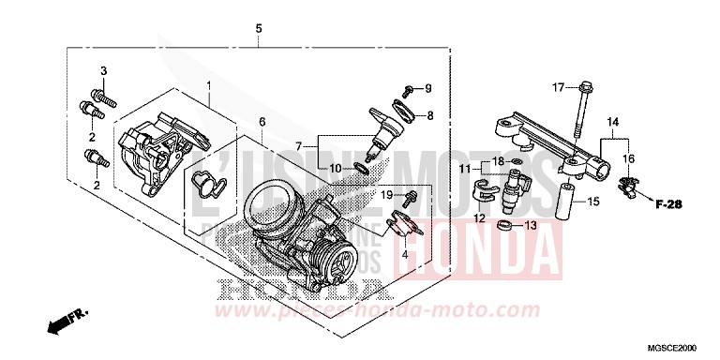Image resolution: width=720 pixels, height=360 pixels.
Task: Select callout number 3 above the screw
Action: point(105,72)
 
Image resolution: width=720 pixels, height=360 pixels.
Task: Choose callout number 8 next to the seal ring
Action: point(429,116)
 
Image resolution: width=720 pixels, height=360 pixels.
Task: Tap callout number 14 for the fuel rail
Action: point(612,122)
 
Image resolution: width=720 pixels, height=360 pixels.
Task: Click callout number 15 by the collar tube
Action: point(592,201)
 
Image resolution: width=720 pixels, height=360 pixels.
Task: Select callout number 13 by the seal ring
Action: point(531,225)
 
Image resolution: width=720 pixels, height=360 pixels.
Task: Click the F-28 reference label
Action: point(667,203)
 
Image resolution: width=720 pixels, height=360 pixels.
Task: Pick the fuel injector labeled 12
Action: point(514,193)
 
